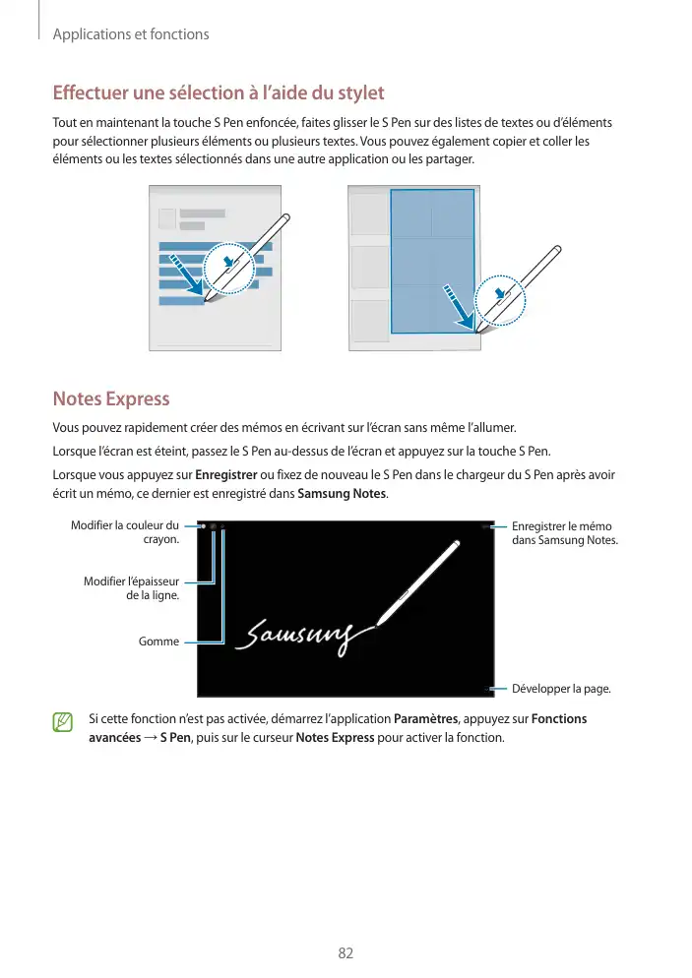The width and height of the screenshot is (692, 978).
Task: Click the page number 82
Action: tap(346, 952)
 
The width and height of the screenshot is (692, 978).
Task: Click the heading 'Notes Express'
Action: tap(110, 399)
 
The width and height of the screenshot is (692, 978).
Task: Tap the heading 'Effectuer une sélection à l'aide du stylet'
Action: tap(218, 93)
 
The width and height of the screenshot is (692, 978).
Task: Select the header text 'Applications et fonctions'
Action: tap(130, 34)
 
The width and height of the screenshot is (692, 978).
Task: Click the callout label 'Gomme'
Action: tap(159, 642)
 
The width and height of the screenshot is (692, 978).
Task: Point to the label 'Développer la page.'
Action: tap(561, 688)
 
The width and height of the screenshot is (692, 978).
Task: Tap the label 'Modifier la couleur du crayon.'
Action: tap(125, 532)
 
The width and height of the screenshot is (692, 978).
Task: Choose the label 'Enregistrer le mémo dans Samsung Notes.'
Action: tap(565, 533)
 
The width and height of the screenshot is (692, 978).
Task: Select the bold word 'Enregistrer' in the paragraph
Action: tap(227, 474)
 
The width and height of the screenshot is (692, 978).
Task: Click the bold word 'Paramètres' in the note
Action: tap(425, 718)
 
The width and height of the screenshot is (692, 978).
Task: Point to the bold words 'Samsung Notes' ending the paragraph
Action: tap(343, 493)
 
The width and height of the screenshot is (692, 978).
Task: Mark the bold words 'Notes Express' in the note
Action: tap(334, 738)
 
